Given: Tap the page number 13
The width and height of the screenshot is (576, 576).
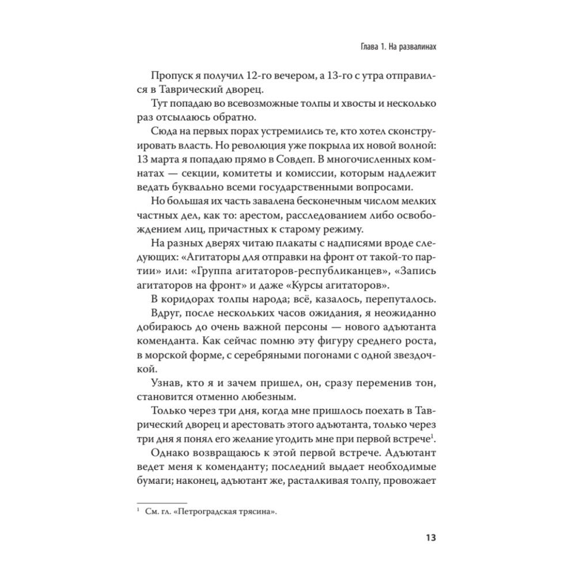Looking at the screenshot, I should [x=429, y=538].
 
